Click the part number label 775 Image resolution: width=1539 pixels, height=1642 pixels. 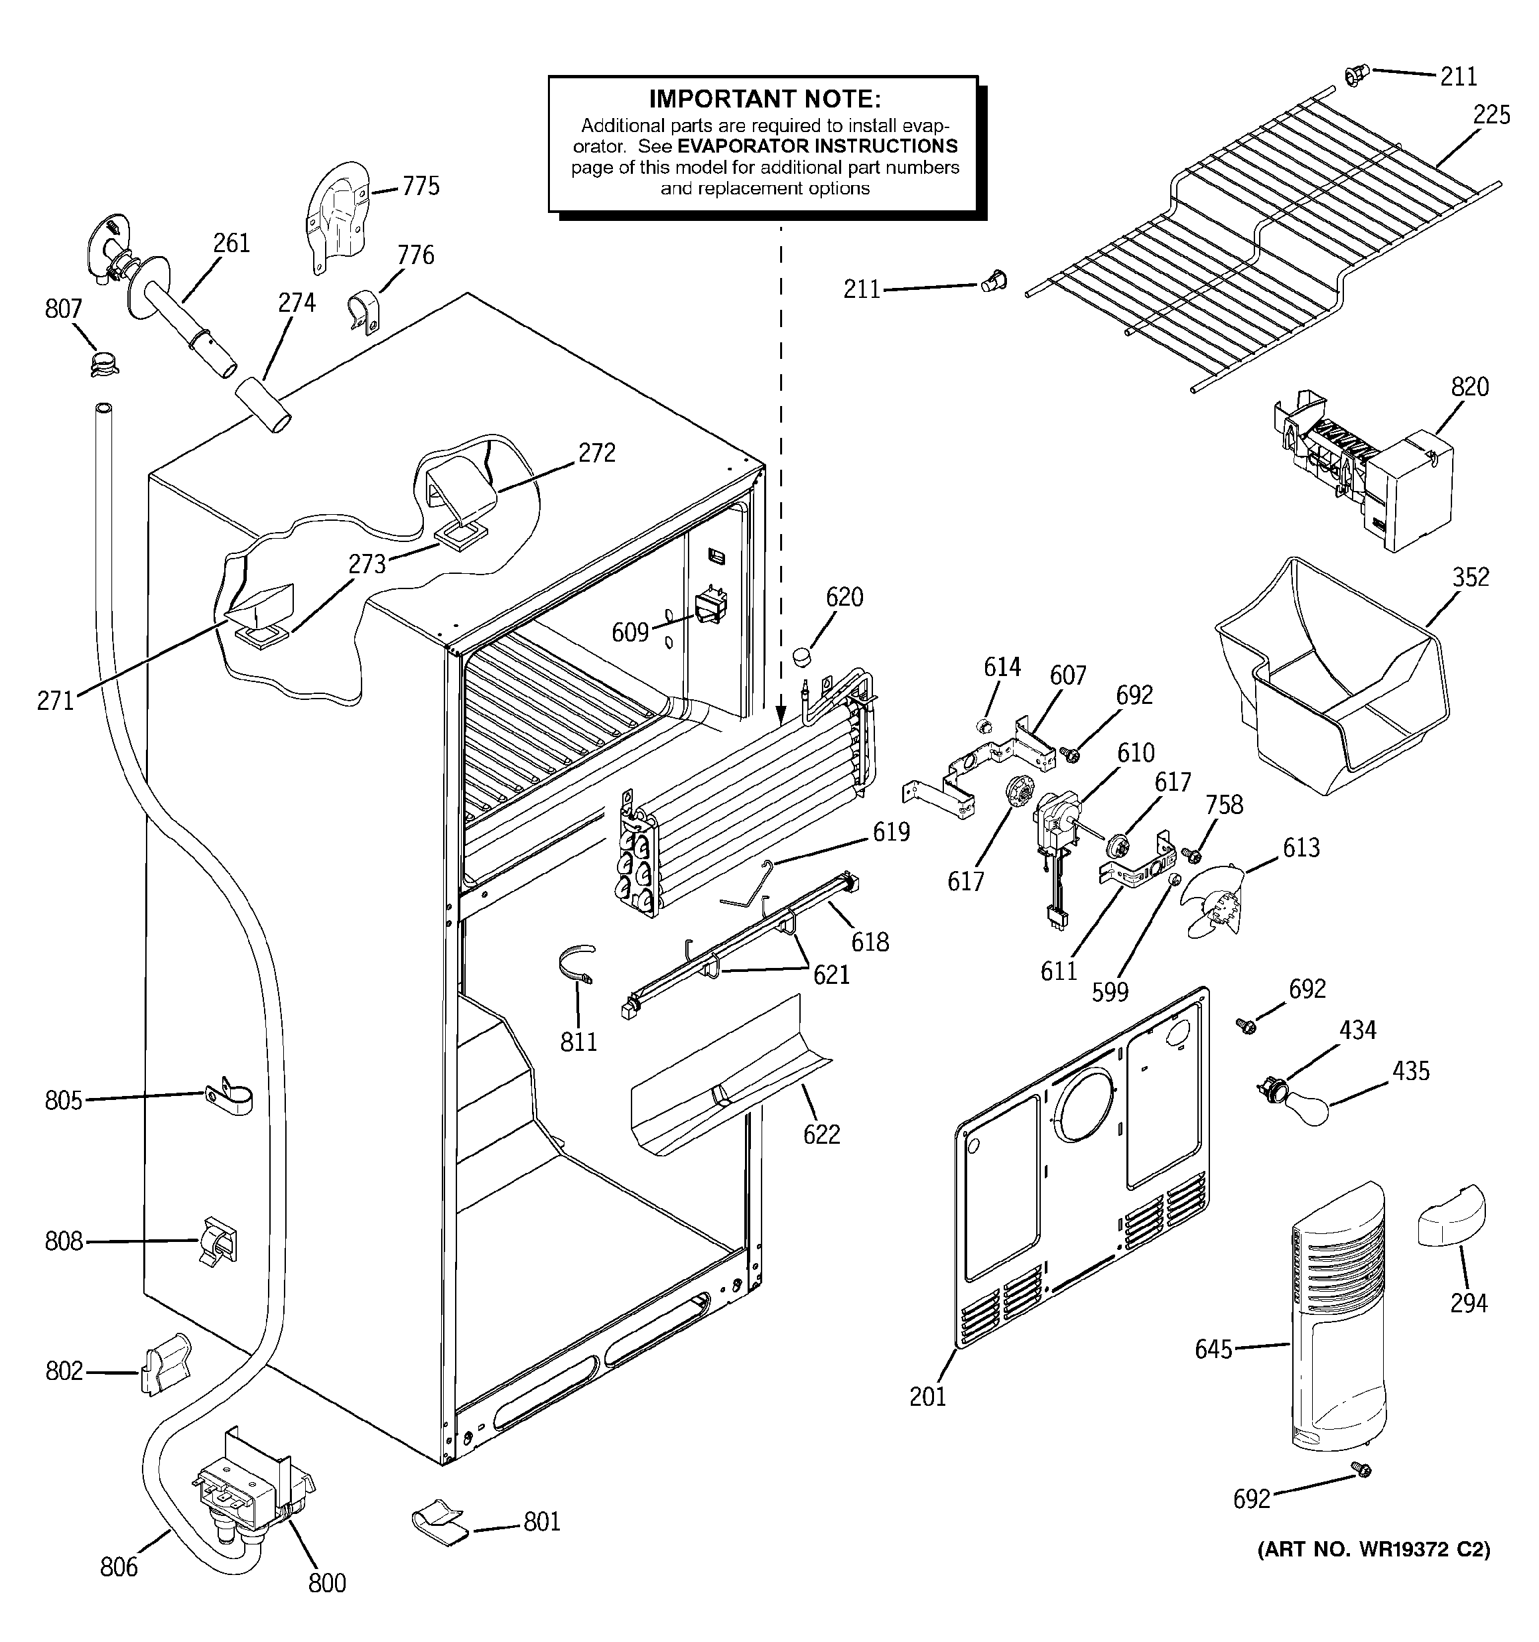(421, 186)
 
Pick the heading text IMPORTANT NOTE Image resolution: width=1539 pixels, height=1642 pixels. (765, 99)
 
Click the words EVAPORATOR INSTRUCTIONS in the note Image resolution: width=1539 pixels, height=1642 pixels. (817, 146)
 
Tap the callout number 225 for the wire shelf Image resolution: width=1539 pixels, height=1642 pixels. (1491, 115)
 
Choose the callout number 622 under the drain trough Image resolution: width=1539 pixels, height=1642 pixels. (821, 1134)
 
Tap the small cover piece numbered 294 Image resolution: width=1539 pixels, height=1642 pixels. (1451, 1216)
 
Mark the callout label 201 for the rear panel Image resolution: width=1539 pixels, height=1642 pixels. (927, 1397)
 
